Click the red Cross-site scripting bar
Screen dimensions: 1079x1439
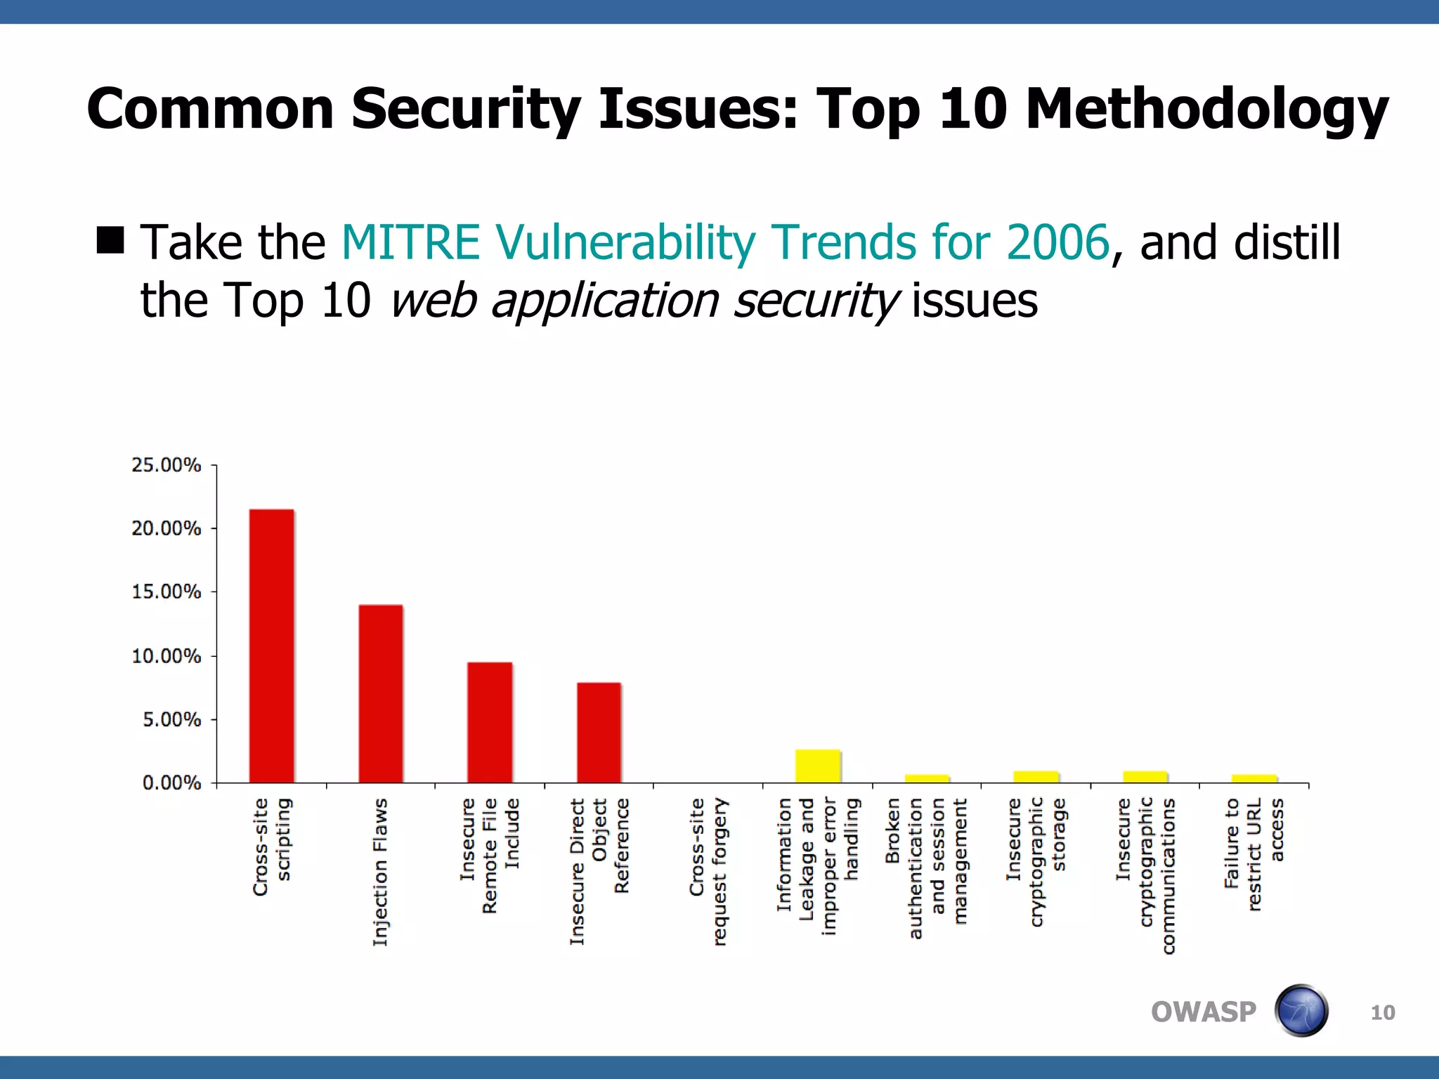(272, 646)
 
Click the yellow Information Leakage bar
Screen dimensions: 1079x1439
(818, 766)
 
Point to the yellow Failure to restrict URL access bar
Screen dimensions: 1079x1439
(1254, 778)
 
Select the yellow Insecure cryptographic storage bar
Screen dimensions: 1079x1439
(1036, 777)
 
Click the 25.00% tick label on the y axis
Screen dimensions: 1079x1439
(166, 465)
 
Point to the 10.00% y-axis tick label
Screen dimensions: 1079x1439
(166, 656)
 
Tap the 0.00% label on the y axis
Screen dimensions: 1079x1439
(171, 783)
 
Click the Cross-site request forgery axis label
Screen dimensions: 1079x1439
(708, 871)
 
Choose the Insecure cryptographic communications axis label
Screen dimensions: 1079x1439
(1145, 875)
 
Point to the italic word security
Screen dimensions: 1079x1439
(815, 301)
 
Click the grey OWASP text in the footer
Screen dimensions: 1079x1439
(1203, 1012)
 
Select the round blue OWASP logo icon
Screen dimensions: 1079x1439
(1301, 1011)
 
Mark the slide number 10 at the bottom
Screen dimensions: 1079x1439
(1383, 1013)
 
